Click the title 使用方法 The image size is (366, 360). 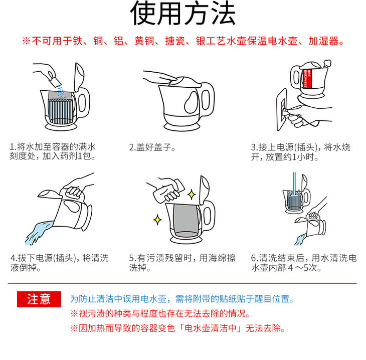click(183, 13)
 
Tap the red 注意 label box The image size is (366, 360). click(39, 299)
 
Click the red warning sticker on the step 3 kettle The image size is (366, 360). click(308, 79)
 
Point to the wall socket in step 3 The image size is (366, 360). click(282, 110)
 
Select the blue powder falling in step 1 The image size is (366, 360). click(61, 92)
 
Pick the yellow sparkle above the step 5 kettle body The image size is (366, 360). click(192, 195)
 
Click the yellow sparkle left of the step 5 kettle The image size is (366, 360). click(157, 220)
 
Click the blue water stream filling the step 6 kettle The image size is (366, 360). click(294, 185)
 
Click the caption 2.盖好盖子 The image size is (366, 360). click(152, 147)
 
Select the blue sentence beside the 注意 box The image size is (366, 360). click(182, 299)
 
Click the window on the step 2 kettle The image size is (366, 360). click(191, 102)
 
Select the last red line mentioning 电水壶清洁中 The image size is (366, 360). click(177, 328)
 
